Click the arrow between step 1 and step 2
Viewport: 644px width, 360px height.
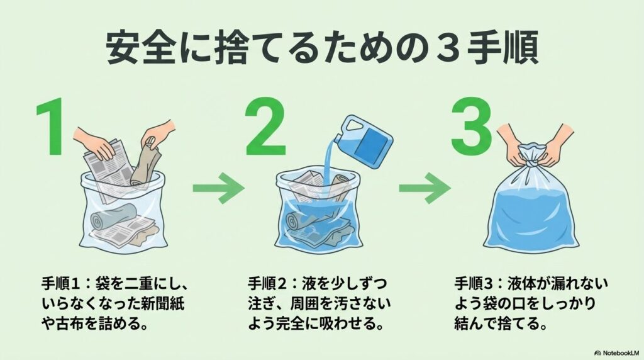point(218,188)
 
